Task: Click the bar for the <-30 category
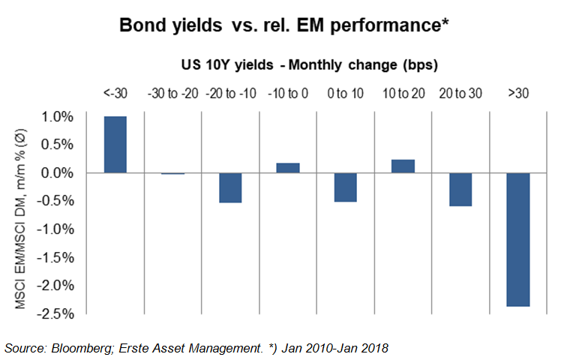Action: click(x=115, y=145)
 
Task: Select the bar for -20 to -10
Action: click(x=230, y=187)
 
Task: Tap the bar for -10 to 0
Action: click(x=288, y=167)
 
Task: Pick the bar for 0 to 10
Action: click(x=345, y=187)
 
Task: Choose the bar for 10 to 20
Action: click(x=403, y=166)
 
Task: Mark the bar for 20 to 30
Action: click(x=460, y=189)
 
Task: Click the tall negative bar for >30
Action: click(x=517, y=239)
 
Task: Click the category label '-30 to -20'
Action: click(x=173, y=92)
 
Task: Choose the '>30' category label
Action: click(x=517, y=92)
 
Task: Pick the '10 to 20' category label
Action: click(x=403, y=92)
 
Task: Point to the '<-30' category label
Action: click(x=115, y=92)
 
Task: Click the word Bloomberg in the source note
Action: click(x=83, y=347)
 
